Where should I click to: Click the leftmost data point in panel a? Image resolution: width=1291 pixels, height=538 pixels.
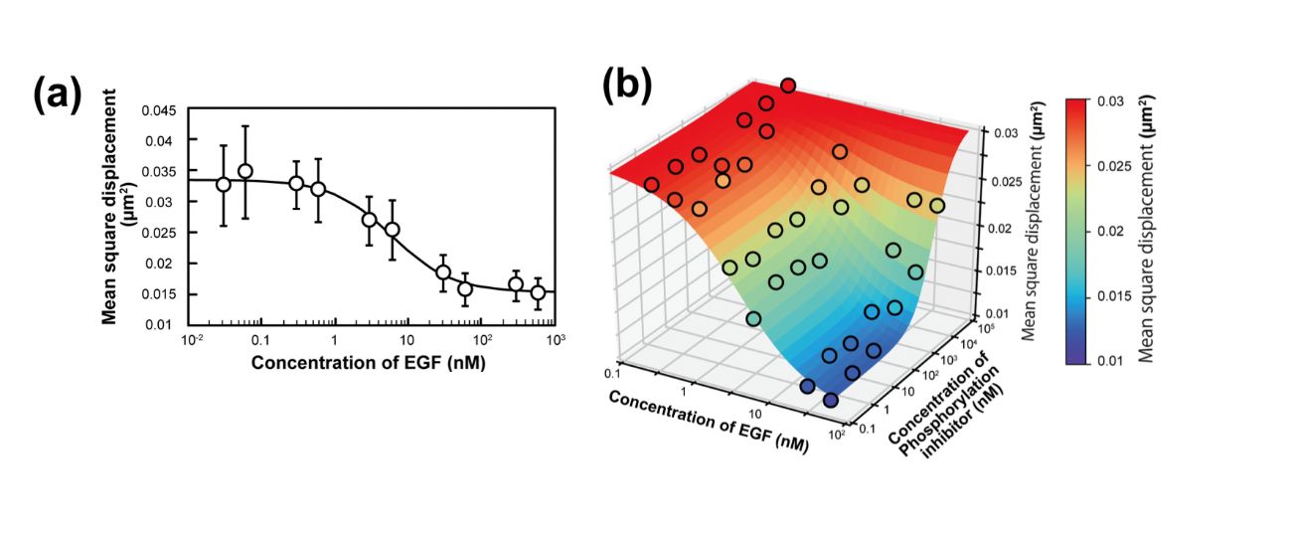click(224, 184)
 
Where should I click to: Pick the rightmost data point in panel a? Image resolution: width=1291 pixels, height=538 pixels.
click(538, 292)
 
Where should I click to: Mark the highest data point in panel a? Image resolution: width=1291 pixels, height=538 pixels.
click(245, 171)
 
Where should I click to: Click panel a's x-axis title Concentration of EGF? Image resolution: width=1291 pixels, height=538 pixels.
click(368, 363)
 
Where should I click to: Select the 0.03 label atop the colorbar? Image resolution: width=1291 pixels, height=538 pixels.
click(1112, 101)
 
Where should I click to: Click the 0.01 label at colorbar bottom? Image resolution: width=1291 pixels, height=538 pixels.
click(1112, 361)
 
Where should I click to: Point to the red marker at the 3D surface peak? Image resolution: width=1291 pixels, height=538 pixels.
click(788, 86)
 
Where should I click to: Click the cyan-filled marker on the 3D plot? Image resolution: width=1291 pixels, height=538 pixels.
click(754, 318)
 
